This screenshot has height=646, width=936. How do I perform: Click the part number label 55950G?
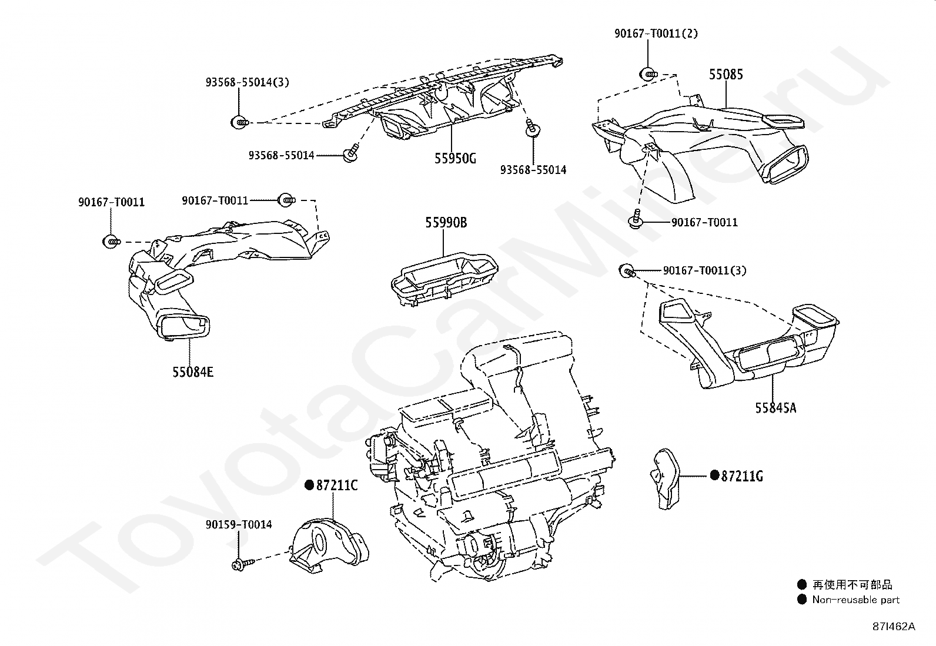[x=455, y=159]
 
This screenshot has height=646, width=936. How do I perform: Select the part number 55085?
[x=726, y=75]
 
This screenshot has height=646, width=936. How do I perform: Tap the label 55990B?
[x=446, y=223]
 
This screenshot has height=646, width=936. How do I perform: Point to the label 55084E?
[x=193, y=372]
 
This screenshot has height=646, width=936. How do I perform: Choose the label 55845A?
[x=775, y=408]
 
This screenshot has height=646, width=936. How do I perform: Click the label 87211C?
[x=337, y=486]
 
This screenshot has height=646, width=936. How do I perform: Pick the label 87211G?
[x=742, y=476]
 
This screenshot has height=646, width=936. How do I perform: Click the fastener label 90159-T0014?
[x=239, y=524]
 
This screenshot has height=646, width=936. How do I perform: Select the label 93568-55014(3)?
[x=248, y=82]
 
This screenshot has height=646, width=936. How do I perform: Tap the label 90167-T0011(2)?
[x=656, y=34]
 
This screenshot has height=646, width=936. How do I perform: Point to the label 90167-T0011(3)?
[x=704, y=270]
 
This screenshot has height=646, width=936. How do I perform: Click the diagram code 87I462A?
[x=894, y=627]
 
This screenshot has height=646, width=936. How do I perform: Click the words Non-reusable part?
[x=856, y=600]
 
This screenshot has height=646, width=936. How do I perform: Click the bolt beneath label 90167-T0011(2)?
[x=648, y=75]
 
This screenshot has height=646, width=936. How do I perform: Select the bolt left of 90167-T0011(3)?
[x=627, y=271]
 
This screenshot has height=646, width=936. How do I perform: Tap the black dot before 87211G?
[x=714, y=475]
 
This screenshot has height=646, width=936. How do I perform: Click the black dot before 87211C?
[x=309, y=485]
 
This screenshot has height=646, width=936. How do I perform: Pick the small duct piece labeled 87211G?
[x=665, y=479]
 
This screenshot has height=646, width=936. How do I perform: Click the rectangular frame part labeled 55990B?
[x=444, y=279]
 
